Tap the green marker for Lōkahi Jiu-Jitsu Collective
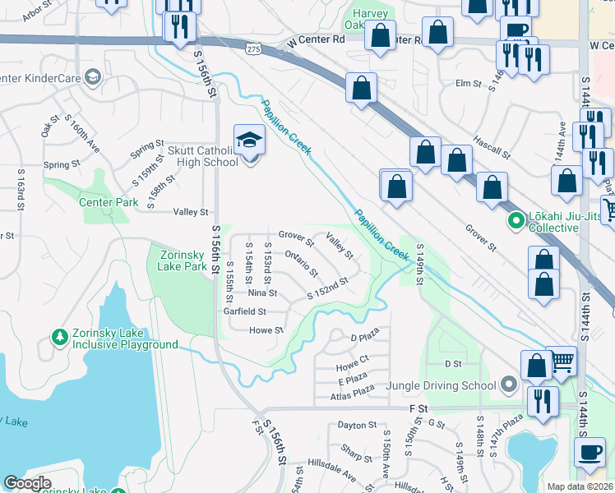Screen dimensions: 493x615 516,220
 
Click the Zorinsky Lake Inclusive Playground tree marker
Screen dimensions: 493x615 59,336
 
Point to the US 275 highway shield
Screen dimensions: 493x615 253,49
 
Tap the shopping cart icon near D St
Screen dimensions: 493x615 562,360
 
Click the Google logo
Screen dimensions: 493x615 27,483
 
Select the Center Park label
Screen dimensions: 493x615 109,202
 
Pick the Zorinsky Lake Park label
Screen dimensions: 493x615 178,260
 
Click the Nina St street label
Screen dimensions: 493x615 262,293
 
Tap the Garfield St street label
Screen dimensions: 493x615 245,312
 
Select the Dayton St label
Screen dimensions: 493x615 357,426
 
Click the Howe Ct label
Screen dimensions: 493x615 352,360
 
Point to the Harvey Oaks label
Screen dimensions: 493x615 370,20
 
